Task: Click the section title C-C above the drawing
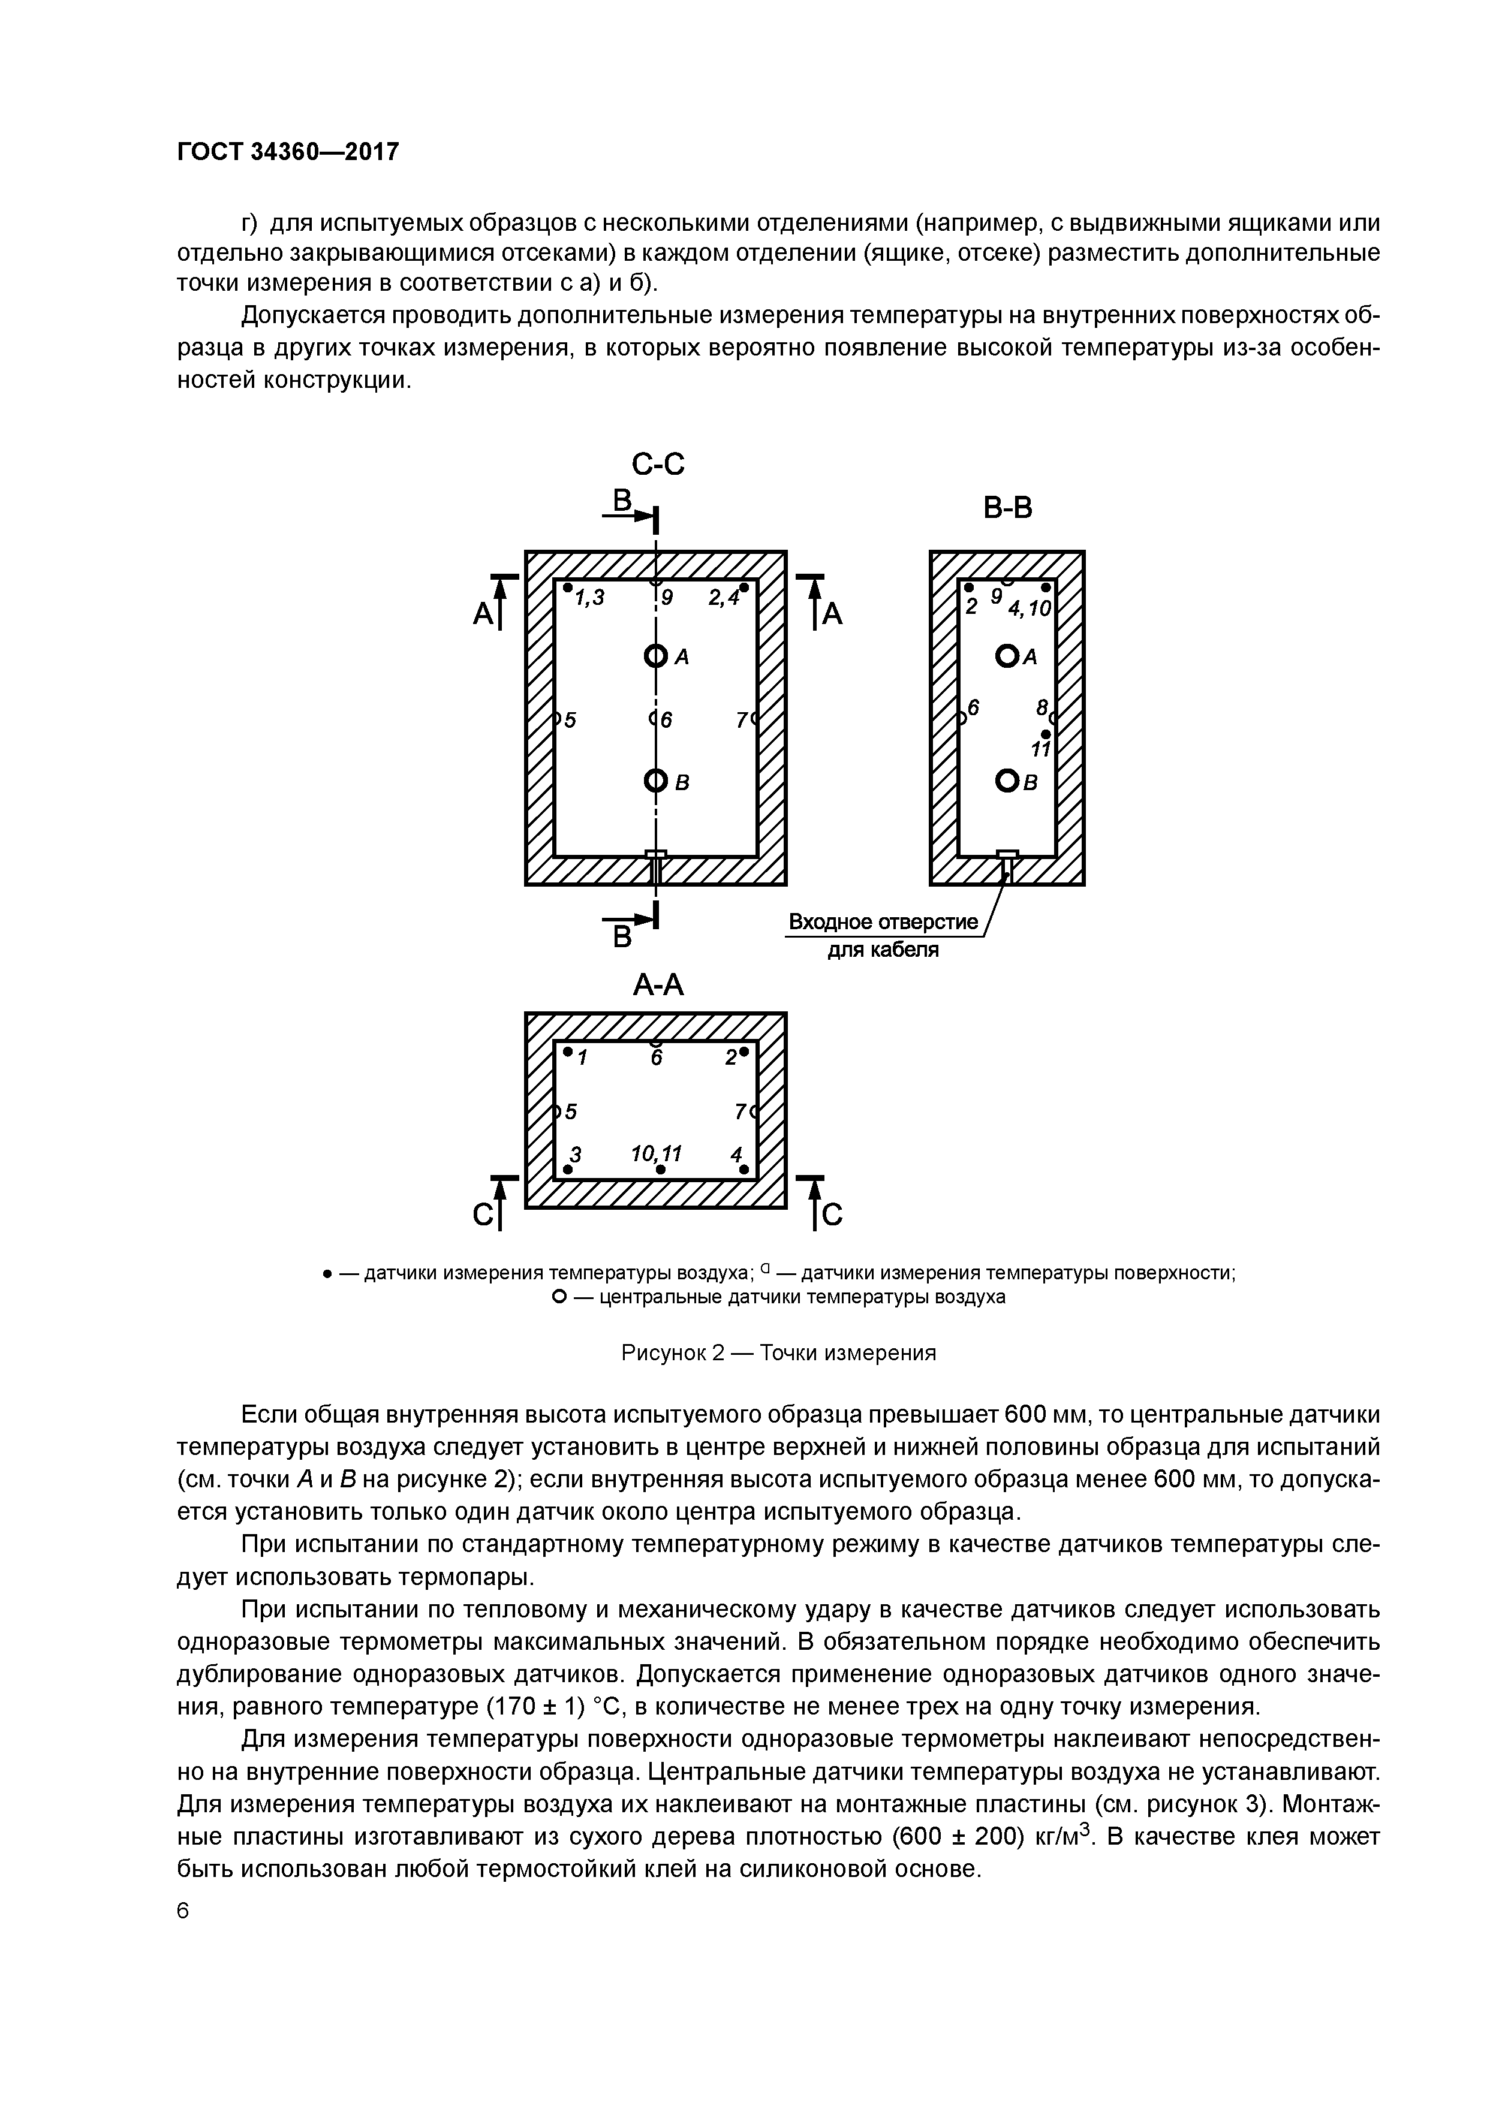658,465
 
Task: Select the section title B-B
1007,507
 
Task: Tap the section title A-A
658,984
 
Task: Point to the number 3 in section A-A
576,1153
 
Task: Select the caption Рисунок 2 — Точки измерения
779,1353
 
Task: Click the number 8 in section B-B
1041,708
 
